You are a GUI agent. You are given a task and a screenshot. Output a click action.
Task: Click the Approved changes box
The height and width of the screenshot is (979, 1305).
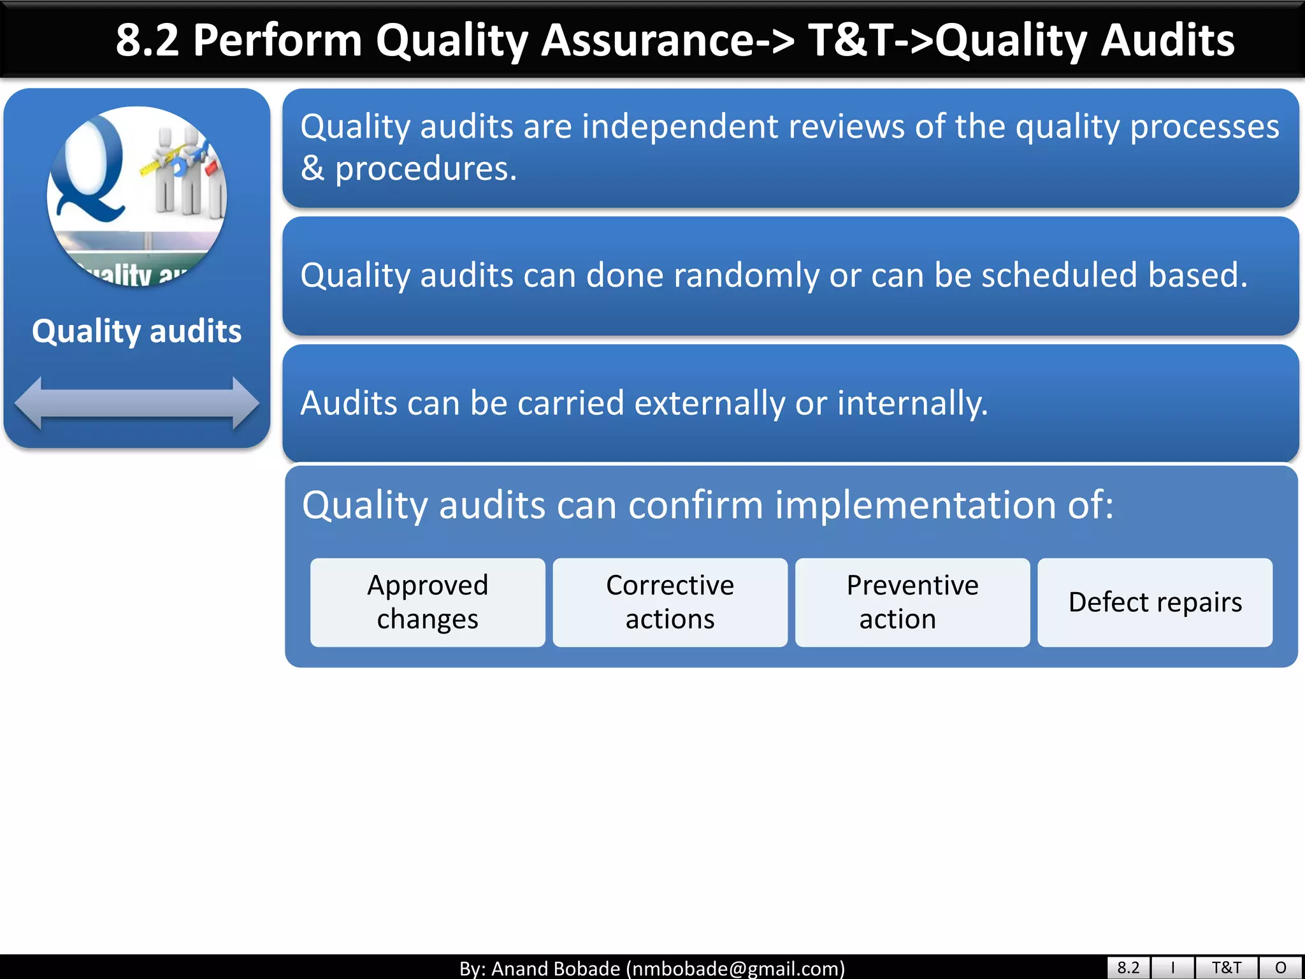[x=428, y=602]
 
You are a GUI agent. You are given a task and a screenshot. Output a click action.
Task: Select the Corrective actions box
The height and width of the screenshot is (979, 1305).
[x=670, y=602]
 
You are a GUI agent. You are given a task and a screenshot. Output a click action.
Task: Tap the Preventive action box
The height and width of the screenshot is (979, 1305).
[x=912, y=602]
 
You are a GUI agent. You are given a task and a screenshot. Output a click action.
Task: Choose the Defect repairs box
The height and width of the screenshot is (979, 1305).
[x=1155, y=602]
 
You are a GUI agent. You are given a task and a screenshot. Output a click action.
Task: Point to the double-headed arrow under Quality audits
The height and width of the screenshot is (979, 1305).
[x=136, y=403]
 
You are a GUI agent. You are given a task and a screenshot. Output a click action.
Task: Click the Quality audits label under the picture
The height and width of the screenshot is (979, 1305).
[x=136, y=331]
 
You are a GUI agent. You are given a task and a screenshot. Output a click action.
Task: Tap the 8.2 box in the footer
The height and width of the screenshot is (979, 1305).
[x=1128, y=968]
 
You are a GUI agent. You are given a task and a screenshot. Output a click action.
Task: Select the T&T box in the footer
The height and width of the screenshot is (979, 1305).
[x=1226, y=968]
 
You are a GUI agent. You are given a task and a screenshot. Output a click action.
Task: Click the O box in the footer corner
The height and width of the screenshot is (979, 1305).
[x=1281, y=968]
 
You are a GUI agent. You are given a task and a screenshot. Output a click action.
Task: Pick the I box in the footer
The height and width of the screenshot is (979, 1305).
[x=1172, y=968]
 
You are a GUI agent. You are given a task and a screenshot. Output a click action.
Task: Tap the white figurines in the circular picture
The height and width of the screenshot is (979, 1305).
[x=185, y=172]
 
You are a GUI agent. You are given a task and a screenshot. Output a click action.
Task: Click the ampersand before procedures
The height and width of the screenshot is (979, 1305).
[x=312, y=169]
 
